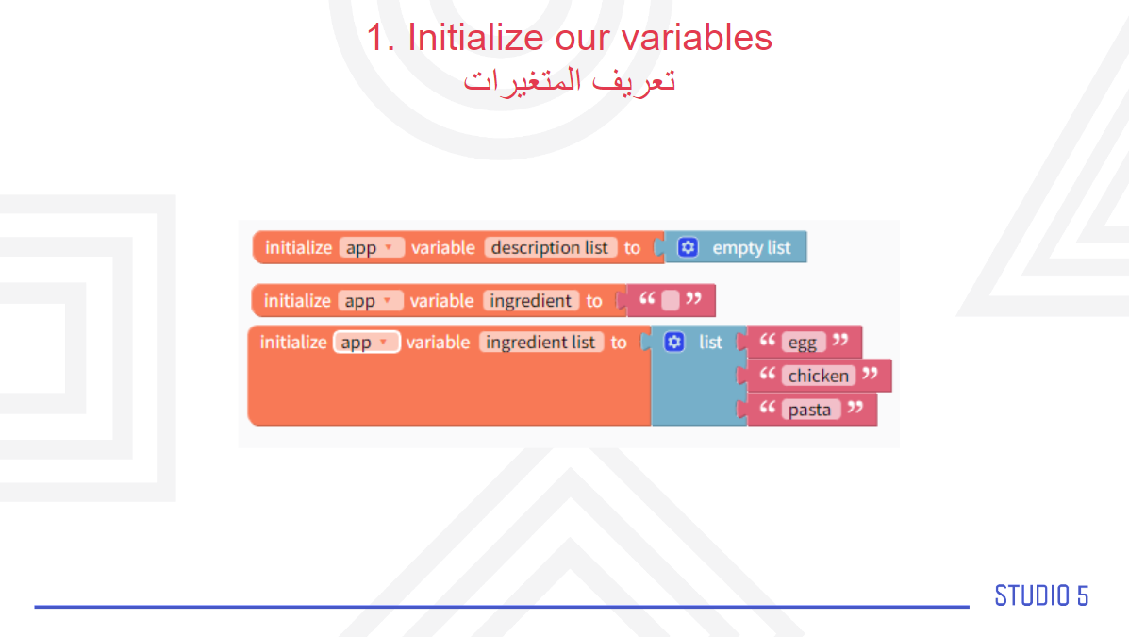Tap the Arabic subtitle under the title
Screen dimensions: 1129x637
(569, 80)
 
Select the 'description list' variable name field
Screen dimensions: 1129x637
(550, 247)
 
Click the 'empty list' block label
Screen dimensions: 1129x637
(751, 248)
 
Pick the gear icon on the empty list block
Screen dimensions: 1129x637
(688, 247)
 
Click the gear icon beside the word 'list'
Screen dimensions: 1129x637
(674, 342)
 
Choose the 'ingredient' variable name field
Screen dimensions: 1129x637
(531, 300)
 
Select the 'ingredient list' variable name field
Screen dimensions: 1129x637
(540, 343)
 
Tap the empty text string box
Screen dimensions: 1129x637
(671, 300)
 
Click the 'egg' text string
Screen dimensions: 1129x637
(802, 342)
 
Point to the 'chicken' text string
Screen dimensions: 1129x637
(818, 376)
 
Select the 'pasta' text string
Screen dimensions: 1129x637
(809, 410)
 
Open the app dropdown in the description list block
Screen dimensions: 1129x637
(371, 247)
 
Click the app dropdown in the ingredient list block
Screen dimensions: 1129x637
(367, 343)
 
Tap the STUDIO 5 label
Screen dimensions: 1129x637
(1041, 595)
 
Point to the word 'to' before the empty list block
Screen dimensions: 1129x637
(632, 248)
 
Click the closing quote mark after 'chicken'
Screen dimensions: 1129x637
(870, 374)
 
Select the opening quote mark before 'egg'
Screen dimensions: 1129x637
(768, 340)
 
